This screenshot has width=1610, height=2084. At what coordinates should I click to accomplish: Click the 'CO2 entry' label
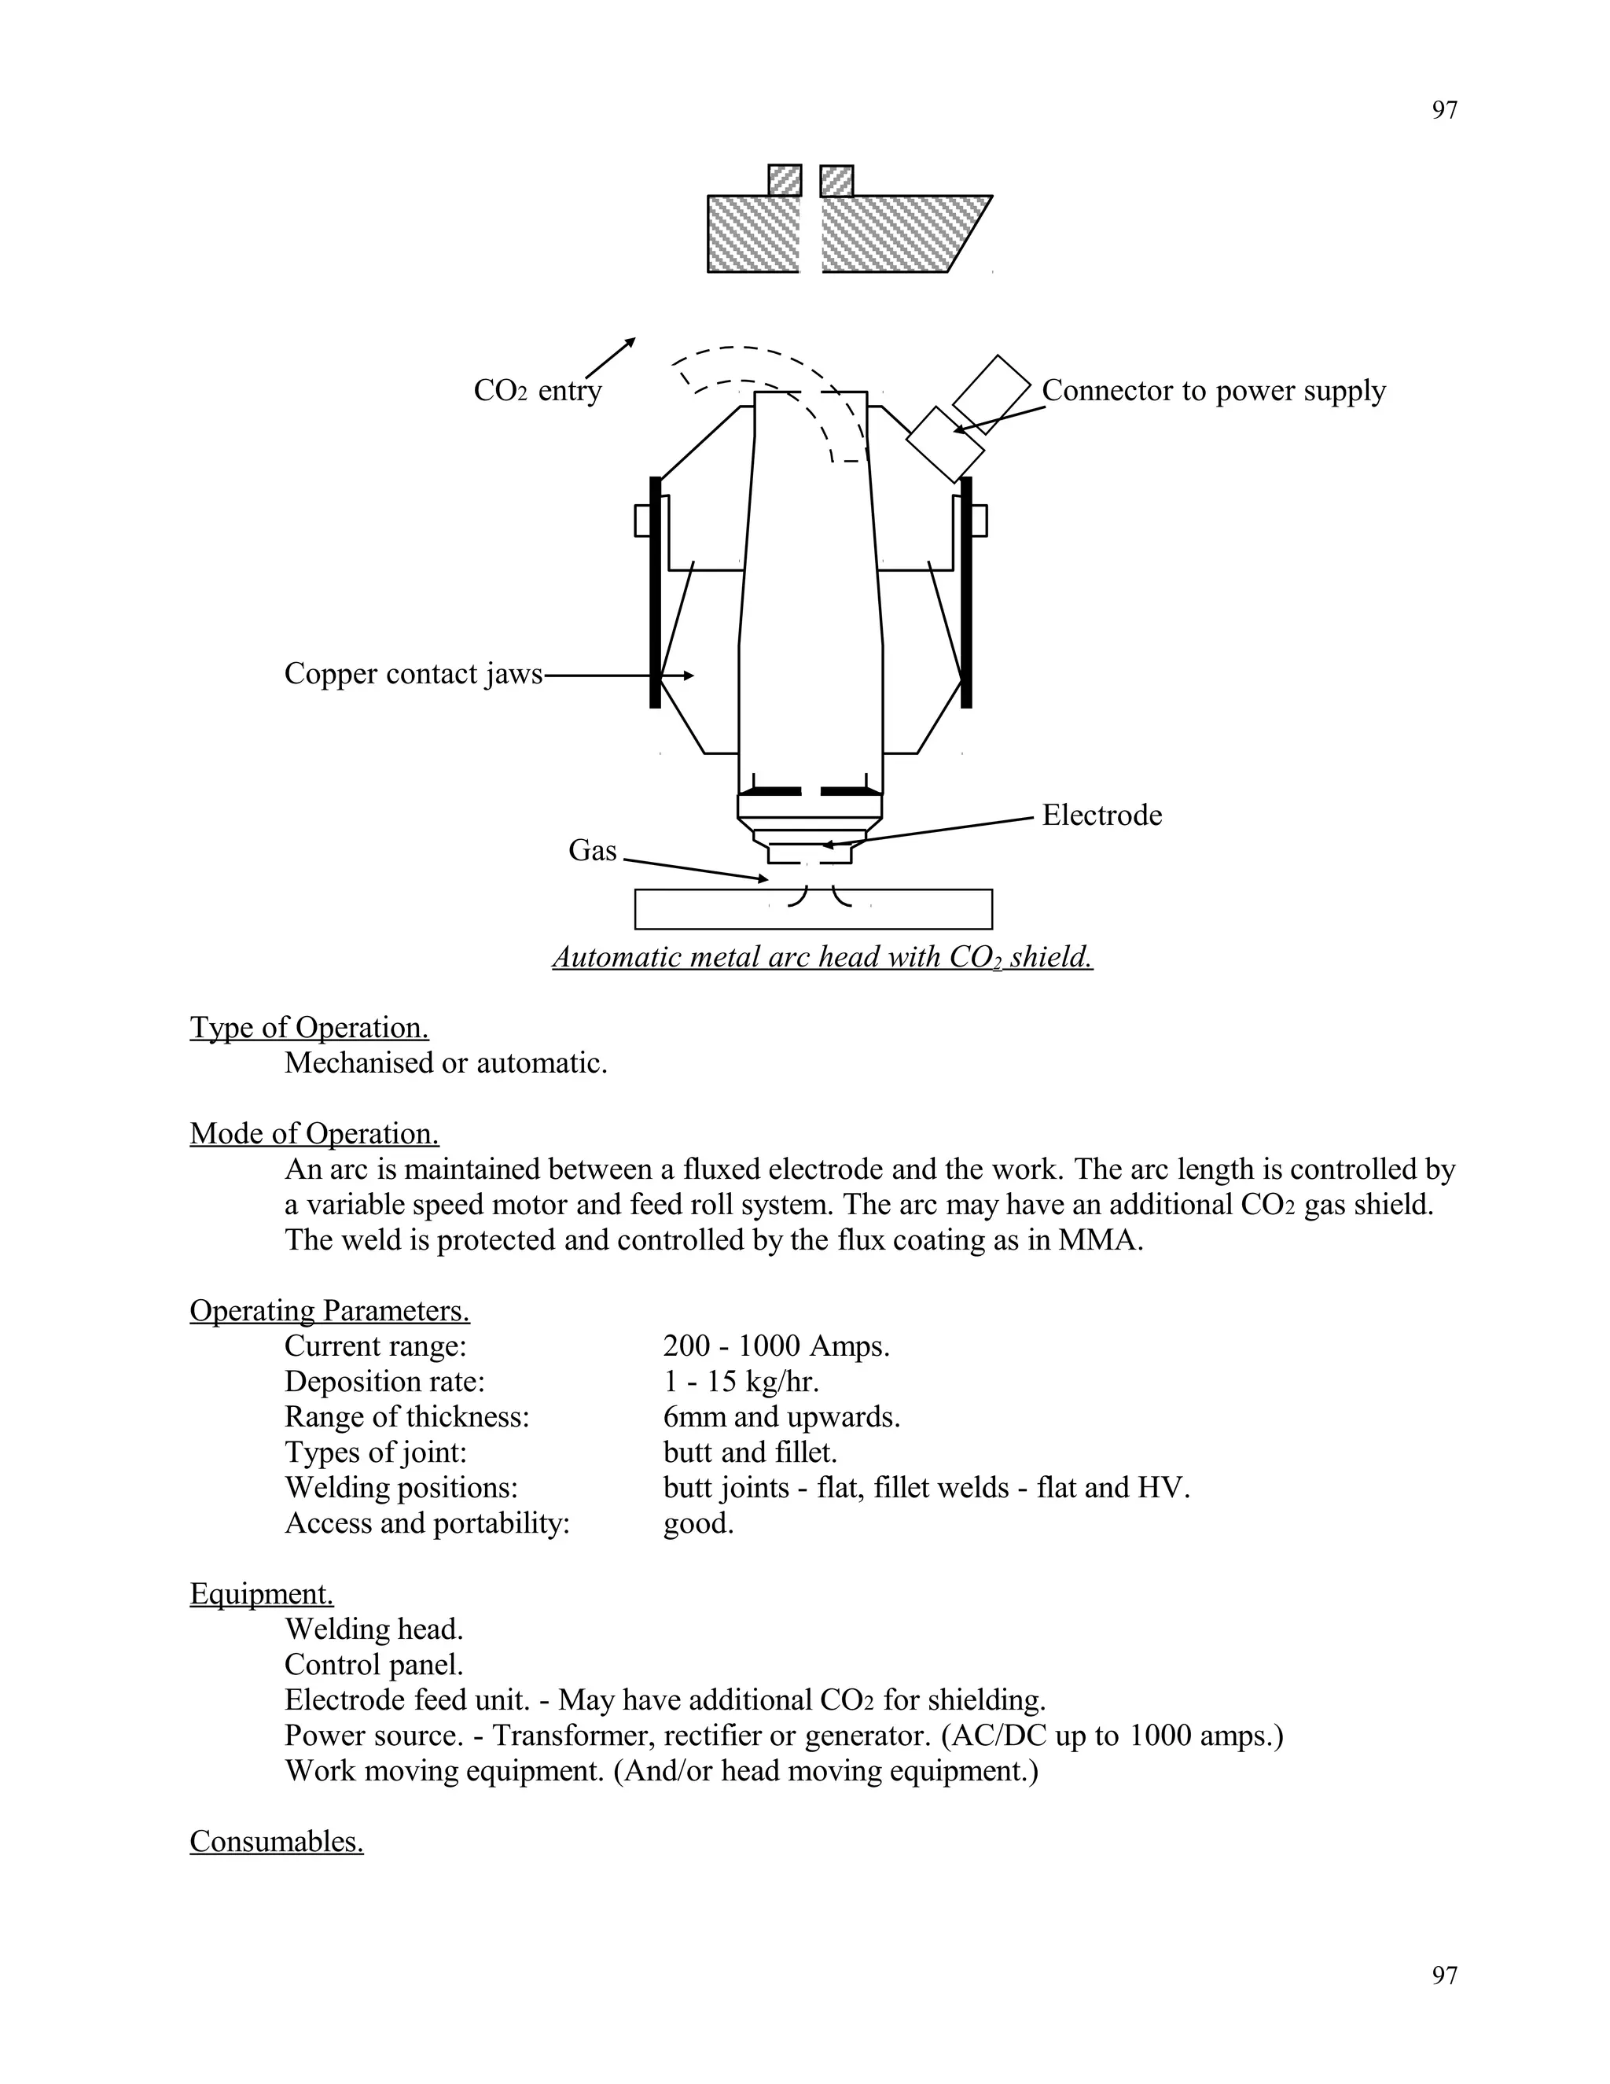(x=537, y=391)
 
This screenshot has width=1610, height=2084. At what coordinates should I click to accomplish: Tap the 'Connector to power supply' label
(x=1212, y=390)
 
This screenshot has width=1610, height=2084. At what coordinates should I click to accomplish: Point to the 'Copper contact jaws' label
(x=412, y=674)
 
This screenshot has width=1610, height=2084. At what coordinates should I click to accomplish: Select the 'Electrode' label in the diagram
(x=1101, y=815)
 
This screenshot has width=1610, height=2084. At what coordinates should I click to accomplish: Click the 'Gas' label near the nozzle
(x=592, y=850)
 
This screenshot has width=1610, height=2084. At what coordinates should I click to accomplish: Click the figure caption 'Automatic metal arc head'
(x=822, y=957)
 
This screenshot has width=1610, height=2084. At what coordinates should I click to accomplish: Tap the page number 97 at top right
(x=1444, y=111)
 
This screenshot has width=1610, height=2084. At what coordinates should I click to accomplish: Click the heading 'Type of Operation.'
(x=309, y=1028)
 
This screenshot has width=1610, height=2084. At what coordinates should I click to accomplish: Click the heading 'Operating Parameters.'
(x=329, y=1311)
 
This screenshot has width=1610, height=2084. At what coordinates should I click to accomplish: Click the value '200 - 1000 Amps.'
(x=775, y=1346)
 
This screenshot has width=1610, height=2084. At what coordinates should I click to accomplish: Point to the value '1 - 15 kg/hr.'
(x=741, y=1382)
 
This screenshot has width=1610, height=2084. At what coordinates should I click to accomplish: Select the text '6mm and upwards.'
(x=781, y=1417)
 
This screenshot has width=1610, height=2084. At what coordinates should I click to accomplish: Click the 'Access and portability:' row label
(x=426, y=1523)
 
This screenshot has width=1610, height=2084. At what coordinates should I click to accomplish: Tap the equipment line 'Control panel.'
(x=373, y=1664)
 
